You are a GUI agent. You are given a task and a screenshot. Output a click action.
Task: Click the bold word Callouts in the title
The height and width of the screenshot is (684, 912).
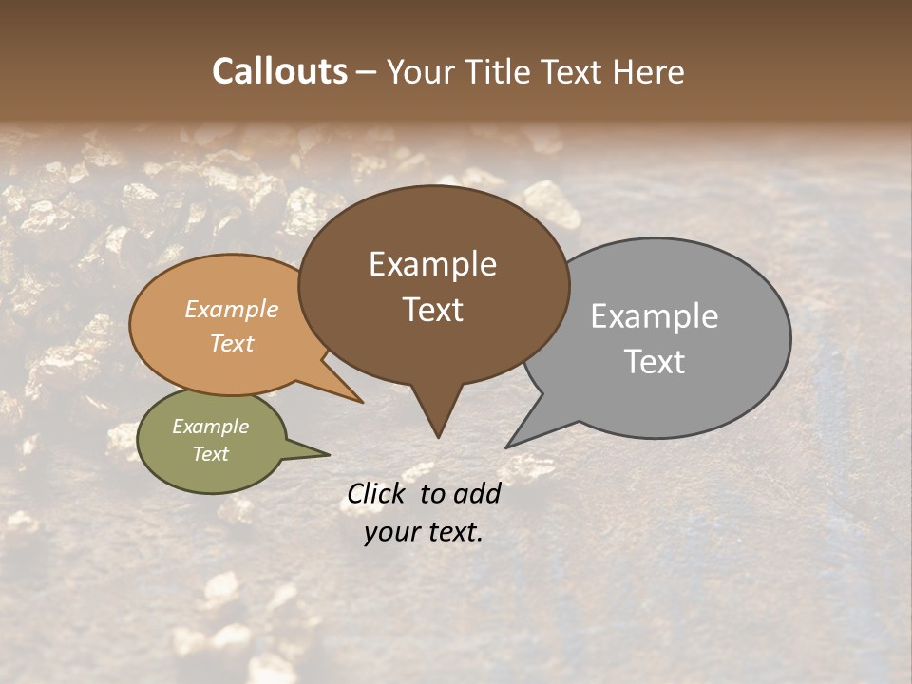point(279,71)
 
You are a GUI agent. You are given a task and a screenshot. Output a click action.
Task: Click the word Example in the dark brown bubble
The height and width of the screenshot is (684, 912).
point(432,263)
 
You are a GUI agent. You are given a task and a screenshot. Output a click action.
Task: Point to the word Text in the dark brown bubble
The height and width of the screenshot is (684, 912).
point(432,309)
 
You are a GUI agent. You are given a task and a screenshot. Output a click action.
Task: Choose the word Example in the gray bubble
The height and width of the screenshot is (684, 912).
point(654,315)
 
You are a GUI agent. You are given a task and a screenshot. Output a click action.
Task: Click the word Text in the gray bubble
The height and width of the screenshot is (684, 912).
point(654,361)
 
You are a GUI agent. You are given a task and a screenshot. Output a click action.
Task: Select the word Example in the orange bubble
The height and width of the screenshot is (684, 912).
point(231,309)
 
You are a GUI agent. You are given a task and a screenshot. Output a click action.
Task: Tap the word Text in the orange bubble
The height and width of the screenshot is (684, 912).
point(231,343)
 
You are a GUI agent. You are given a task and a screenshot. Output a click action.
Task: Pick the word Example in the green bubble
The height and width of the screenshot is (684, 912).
point(210,427)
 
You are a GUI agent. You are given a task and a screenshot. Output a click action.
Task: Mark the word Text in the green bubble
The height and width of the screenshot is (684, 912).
point(210,454)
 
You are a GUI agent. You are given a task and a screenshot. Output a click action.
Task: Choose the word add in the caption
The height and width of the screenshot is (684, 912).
point(477,493)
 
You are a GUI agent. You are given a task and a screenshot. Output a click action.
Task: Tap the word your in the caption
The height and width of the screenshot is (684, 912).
point(389,532)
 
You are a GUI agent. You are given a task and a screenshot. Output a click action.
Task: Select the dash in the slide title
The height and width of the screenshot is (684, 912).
point(367,71)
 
